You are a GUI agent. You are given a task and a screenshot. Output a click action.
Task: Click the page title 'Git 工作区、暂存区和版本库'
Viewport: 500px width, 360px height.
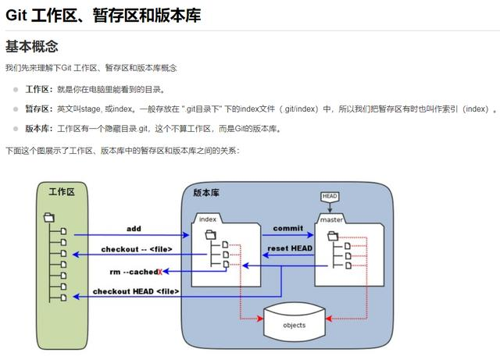[x=103, y=14]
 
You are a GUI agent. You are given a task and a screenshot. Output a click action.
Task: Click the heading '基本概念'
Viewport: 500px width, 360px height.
[x=31, y=46]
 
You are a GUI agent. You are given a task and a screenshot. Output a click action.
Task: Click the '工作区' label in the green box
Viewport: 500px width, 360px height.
[x=62, y=191]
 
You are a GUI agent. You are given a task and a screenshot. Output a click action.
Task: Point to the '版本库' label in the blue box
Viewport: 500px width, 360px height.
[x=207, y=191]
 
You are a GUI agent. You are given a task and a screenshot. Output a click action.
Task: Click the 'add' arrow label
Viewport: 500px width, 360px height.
[x=134, y=229]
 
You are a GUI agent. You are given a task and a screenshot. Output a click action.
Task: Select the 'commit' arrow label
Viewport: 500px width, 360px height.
[x=287, y=228]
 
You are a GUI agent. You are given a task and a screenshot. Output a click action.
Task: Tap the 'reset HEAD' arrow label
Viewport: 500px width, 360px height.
[x=290, y=248]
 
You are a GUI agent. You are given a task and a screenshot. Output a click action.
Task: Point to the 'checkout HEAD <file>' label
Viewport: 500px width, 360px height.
[x=136, y=291]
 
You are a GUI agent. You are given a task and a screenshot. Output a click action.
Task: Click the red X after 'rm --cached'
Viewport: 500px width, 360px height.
[x=160, y=271]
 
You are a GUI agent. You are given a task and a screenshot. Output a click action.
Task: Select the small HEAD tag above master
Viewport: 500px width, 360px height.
[x=330, y=195]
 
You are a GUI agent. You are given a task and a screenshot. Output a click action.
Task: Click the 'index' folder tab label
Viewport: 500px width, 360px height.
[x=208, y=219]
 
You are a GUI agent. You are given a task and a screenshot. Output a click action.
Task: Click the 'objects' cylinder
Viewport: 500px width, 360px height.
[x=295, y=324]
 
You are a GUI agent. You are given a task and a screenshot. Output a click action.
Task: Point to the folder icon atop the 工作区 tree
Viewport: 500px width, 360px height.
[x=49, y=216]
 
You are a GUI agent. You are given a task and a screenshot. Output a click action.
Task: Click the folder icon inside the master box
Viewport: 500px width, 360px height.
[x=332, y=235]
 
